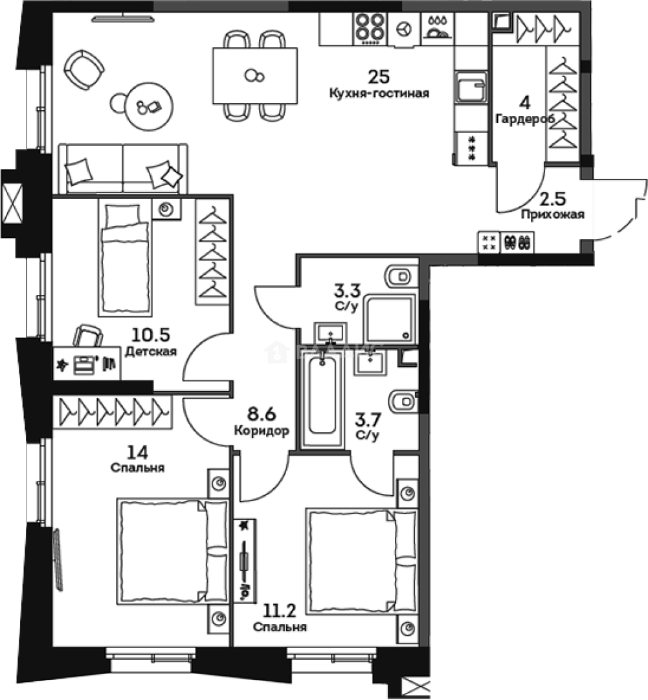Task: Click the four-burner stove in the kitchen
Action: click(370, 29)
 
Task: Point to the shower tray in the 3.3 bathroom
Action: click(388, 318)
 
